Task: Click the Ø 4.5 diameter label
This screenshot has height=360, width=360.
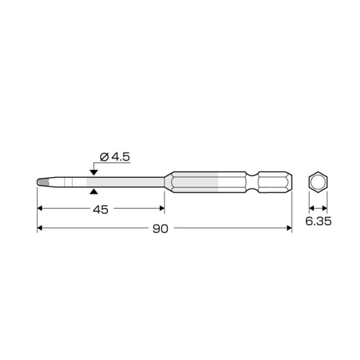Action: pyautogui.click(x=114, y=157)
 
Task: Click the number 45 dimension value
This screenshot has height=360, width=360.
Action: pyautogui.click(x=101, y=210)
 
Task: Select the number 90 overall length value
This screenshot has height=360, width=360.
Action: pyautogui.click(x=161, y=229)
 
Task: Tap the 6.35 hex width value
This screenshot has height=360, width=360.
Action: pyautogui.click(x=318, y=221)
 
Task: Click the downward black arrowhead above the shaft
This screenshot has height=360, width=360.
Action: pyautogui.click(x=94, y=172)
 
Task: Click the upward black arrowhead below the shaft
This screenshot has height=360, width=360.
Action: pyautogui.click(x=94, y=192)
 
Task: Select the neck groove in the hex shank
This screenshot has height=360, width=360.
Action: pyautogui.click(x=252, y=182)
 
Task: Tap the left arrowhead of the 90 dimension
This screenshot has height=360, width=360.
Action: pyautogui.click(x=40, y=228)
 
